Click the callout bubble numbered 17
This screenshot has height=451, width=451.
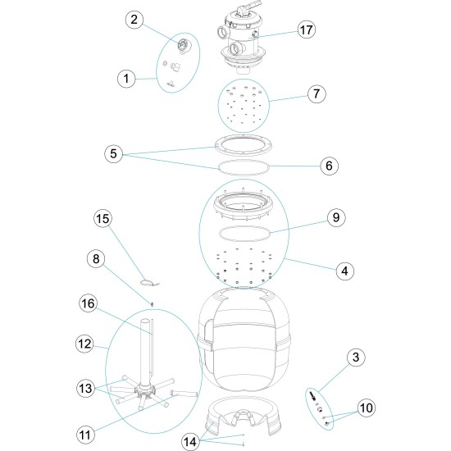(307, 30)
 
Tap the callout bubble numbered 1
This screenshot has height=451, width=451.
(125, 79)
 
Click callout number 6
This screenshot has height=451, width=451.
(328, 165)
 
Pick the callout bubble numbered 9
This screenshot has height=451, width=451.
(335, 218)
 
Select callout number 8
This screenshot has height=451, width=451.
(97, 259)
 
